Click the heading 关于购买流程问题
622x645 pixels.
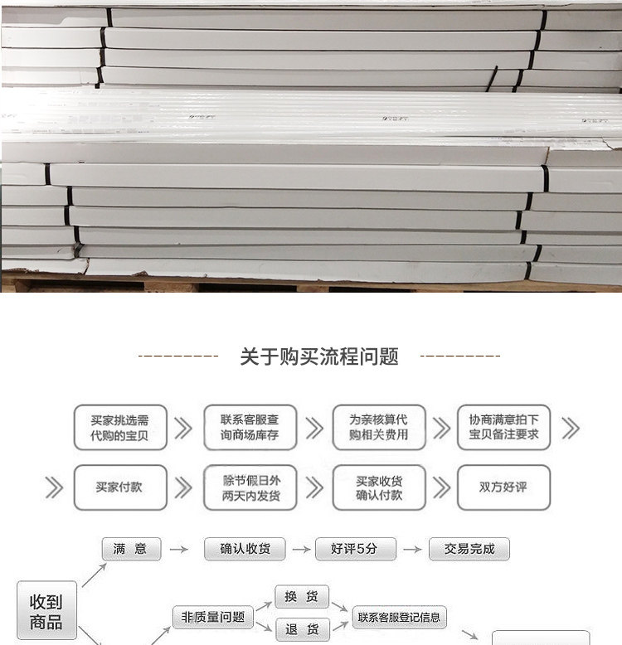pyautogui.click(x=319, y=356)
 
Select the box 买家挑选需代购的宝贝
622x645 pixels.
pyautogui.click(x=120, y=427)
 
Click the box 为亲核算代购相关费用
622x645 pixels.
pyautogui.click(x=379, y=427)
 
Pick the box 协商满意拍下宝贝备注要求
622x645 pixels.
pyautogui.click(x=503, y=427)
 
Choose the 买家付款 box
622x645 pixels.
pyautogui.click(x=120, y=487)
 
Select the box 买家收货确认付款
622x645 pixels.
pyautogui.click(x=379, y=487)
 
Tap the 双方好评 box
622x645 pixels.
pyautogui.click(x=503, y=487)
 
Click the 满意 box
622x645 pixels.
pyautogui.click(x=130, y=549)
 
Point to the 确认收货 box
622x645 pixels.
pyautogui.click(x=245, y=549)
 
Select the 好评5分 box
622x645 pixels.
pyautogui.click(x=355, y=549)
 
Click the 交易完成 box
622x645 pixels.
pyautogui.click(x=469, y=549)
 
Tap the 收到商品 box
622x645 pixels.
pyautogui.click(x=46, y=612)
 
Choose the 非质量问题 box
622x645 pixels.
pyautogui.click(x=212, y=617)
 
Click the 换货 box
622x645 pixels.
pyautogui.click(x=302, y=597)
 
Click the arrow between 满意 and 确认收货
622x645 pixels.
pyautogui.click(x=176, y=549)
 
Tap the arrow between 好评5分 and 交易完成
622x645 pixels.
pyautogui.click(x=412, y=549)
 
